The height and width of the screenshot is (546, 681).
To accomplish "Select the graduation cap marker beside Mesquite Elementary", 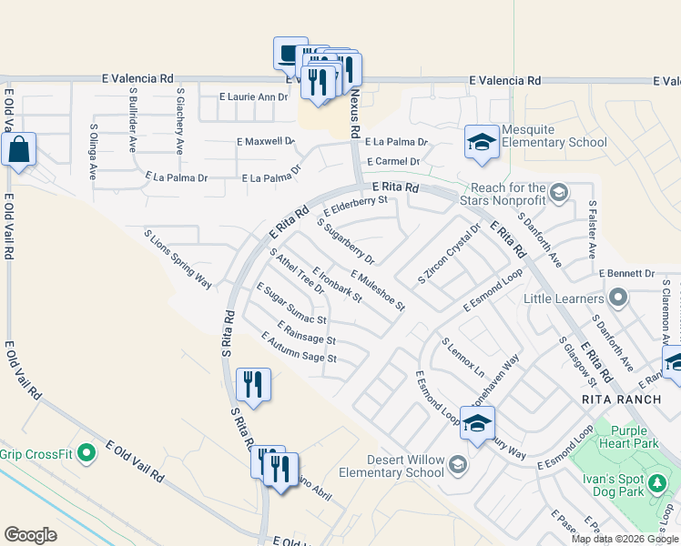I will click(482, 142).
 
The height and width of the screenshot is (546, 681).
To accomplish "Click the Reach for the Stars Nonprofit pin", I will click(560, 191).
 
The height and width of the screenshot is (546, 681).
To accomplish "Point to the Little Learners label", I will click(564, 298).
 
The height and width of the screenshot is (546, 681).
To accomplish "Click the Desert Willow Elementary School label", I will click(391, 466).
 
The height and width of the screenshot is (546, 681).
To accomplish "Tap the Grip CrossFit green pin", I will click(86, 452).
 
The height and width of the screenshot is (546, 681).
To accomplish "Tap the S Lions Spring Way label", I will click(178, 259).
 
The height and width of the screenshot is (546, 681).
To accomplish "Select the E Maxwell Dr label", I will click(265, 141).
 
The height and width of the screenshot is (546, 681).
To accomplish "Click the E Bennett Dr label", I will click(626, 273).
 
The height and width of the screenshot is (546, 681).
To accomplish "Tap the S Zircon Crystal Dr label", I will click(448, 253).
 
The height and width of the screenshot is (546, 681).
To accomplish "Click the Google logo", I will click(30, 535).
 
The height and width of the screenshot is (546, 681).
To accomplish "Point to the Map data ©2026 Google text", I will click(624, 539).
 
